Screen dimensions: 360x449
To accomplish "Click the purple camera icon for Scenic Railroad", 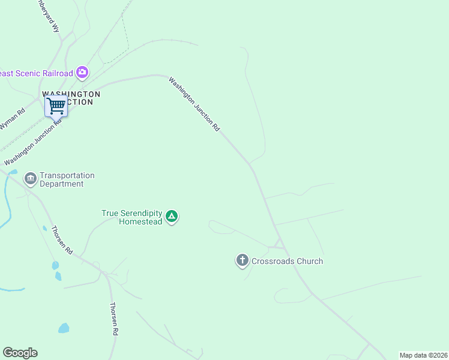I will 82,73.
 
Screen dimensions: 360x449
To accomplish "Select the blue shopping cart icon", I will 56,106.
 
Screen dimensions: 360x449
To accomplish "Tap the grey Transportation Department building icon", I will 30,179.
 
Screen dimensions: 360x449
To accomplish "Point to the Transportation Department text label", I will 67,179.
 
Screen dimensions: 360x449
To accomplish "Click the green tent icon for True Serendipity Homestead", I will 172,217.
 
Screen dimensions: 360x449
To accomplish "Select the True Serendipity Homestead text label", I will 132,217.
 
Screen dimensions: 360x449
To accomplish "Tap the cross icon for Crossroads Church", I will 242,260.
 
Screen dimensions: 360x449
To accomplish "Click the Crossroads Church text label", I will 287,261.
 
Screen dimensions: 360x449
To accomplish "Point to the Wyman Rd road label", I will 12,119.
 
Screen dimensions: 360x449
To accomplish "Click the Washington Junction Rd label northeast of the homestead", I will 194,104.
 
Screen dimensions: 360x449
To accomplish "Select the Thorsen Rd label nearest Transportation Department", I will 62,240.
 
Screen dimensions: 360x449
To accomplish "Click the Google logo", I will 20,353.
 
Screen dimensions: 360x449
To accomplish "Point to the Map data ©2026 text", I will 423,355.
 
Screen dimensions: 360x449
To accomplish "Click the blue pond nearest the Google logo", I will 63,328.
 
